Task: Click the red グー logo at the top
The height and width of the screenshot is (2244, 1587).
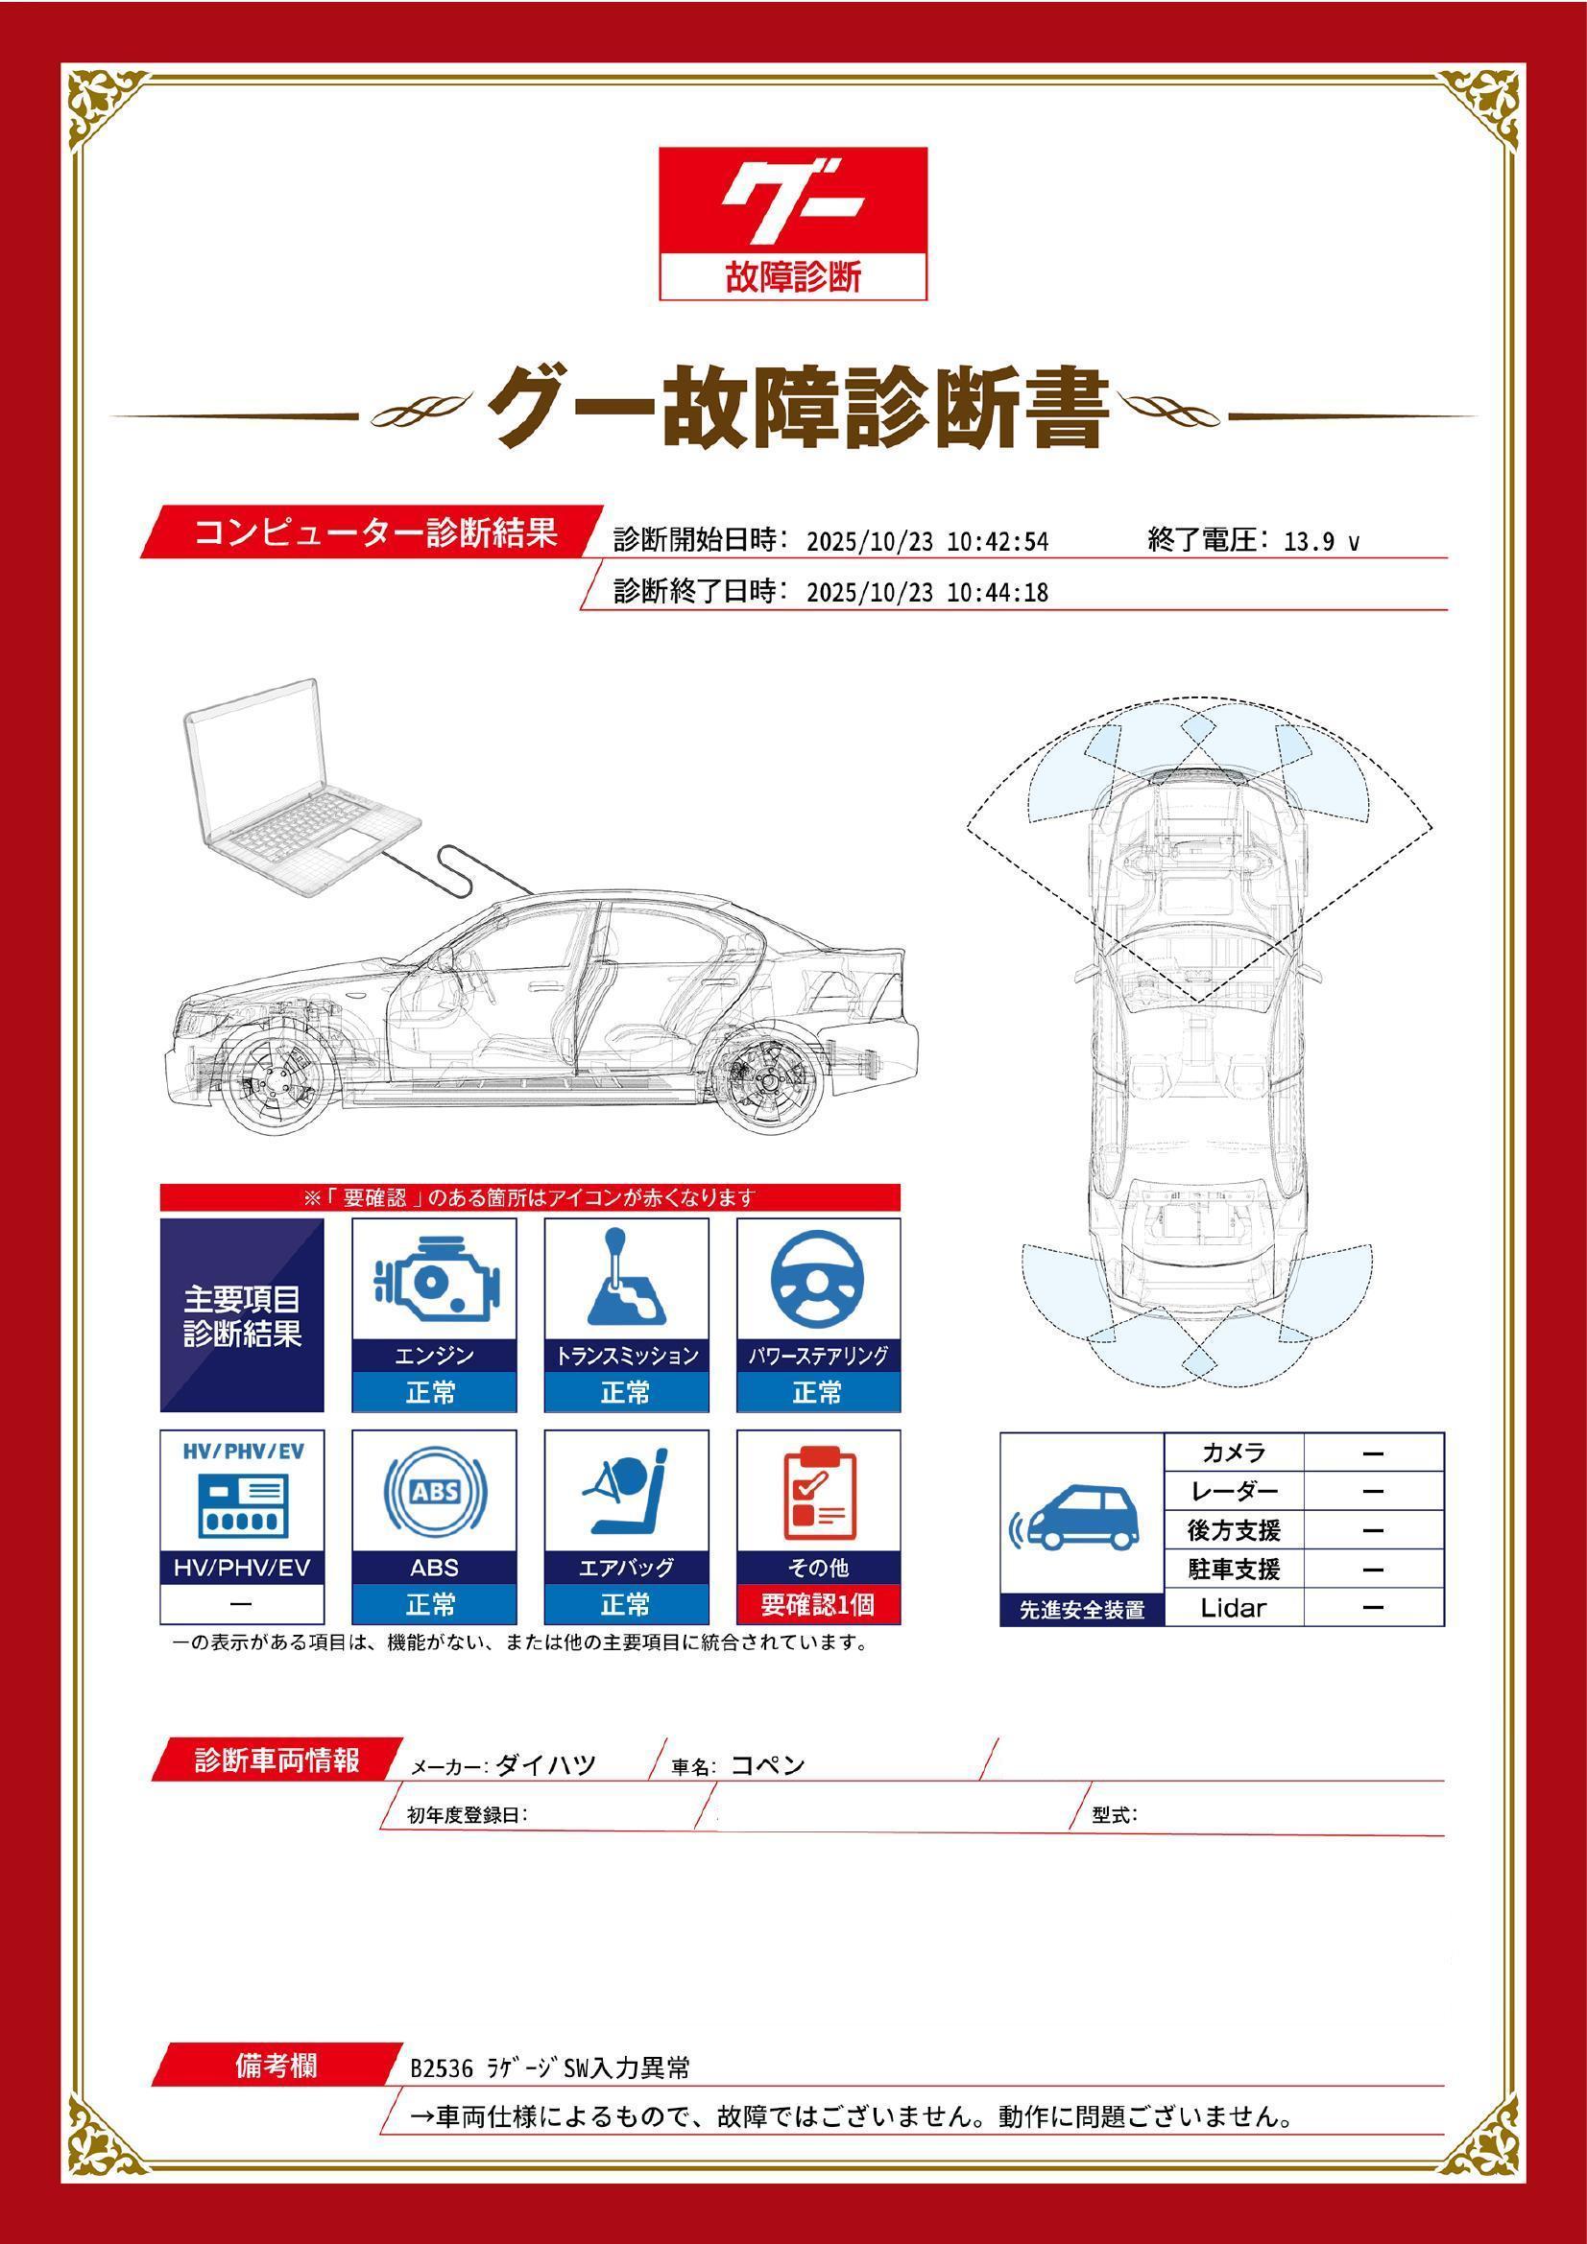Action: point(792,224)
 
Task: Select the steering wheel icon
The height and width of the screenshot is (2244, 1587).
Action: point(817,1281)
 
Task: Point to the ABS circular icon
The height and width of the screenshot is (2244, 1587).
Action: point(434,1493)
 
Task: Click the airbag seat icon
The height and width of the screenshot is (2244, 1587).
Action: point(626,1493)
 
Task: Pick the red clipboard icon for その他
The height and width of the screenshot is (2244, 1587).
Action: point(818,1493)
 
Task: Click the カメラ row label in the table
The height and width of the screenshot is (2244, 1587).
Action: point(1234,1453)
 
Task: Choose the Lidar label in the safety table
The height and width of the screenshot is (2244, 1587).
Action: point(1233,1608)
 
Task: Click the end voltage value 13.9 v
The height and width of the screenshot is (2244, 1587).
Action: point(1321,541)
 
